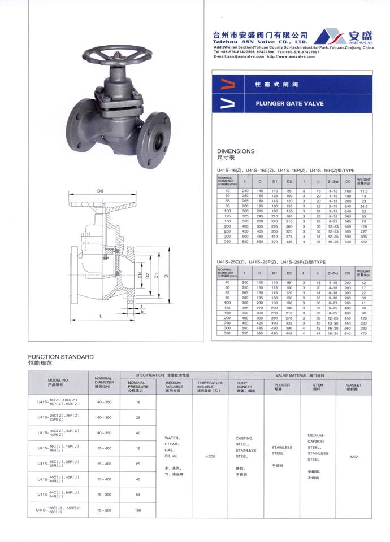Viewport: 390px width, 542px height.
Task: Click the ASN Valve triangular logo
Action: pyautogui.click(x=331, y=37)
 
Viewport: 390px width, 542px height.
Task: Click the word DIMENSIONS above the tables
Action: pyautogui.click(x=236, y=151)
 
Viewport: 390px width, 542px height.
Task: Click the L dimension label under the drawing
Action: pyautogui.click(x=101, y=316)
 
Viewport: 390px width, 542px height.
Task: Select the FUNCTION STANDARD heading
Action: pyautogui.click(x=60, y=357)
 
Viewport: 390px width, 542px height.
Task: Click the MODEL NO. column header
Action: pyautogui.click(x=58, y=382)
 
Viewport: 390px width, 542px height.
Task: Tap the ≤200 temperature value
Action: pyautogui.click(x=210, y=457)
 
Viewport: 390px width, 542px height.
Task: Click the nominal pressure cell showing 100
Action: pyautogui.click(x=137, y=510)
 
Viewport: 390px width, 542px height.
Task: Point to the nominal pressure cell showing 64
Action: pyautogui.click(x=137, y=495)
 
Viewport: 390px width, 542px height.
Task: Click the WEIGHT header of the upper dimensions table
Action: pyautogui.click(x=363, y=182)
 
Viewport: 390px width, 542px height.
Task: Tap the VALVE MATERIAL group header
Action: pyautogui.click(x=300, y=375)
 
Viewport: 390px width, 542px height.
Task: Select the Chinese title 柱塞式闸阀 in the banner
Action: pyautogui.click(x=268, y=84)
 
